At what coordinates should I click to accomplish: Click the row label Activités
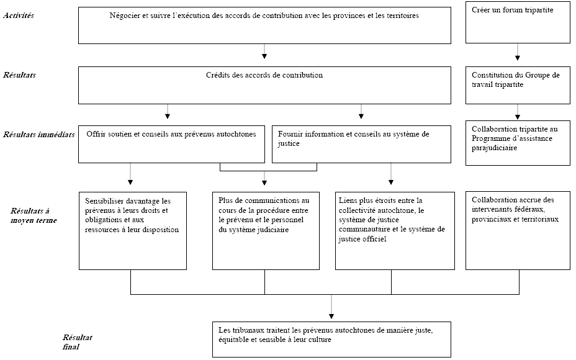pos(19,16)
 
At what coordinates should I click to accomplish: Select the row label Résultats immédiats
pos(38,135)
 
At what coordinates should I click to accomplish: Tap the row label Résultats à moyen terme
pos(34,215)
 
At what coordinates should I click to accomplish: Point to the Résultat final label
pos(77,342)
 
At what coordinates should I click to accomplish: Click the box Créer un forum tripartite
pos(518,22)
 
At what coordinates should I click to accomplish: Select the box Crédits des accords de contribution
pos(264,85)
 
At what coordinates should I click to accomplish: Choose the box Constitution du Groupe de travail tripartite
pos(518,85)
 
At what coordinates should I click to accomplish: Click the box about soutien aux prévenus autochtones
pos(171,145)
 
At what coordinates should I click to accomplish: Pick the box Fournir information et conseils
pos(361,145)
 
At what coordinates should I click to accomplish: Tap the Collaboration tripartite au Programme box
pos(518,143)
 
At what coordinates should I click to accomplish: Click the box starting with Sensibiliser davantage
pos(133,231)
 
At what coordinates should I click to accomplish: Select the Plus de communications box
pos(266,231)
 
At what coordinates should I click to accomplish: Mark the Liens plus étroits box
pos(395,231)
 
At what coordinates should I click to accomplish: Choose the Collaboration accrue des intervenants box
pos(518,231)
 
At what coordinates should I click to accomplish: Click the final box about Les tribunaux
pos(331,340)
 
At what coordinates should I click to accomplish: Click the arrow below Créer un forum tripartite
pos(518,52)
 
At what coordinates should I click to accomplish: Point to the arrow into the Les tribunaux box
pos(331,307)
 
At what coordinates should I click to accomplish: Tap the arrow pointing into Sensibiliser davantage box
pos(130,174)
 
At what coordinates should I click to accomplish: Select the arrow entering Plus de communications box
pos(264,178)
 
